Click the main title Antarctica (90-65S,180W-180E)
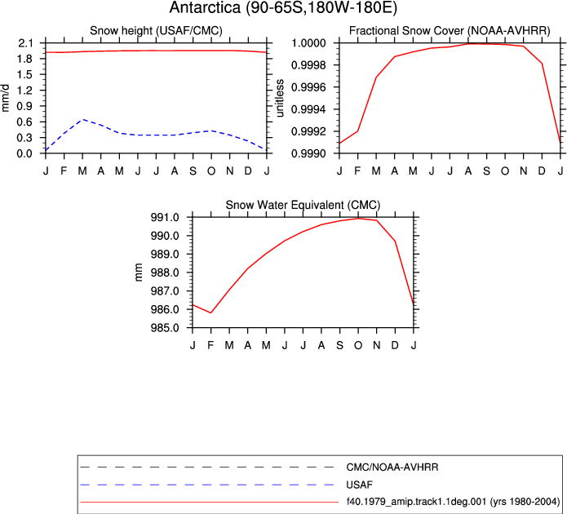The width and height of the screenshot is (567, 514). tap(283, 7)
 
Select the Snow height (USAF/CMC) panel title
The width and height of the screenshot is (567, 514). tap(156, 31)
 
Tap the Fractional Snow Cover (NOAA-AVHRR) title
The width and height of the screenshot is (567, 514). tap(450, 31)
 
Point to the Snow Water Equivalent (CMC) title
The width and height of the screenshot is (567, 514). tap(303, 205)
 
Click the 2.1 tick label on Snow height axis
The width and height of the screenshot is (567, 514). tap(25, 43)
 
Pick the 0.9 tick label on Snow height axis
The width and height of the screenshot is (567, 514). tap(25, 106)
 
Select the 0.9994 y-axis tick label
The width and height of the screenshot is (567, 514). tap(308, 109)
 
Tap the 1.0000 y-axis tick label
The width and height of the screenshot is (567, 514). tap(308, 43)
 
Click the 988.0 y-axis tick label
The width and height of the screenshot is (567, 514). tap(165, 273)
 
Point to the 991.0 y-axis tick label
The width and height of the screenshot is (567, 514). tap(165, 217)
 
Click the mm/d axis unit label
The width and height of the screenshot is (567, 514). tap(5, 99)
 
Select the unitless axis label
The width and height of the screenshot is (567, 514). tap(280, 99)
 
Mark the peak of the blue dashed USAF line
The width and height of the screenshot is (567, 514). tap(83, 119)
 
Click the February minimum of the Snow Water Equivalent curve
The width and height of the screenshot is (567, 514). tap(210, 312)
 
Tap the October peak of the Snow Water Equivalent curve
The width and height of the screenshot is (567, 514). tap(358, 218)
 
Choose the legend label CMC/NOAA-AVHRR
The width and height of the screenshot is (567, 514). tap(392, 467)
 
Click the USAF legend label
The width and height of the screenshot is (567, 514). tap(359, 485)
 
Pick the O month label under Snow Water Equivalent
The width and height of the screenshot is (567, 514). tap(358, 345)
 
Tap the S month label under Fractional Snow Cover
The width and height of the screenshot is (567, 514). tap(487, 171)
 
